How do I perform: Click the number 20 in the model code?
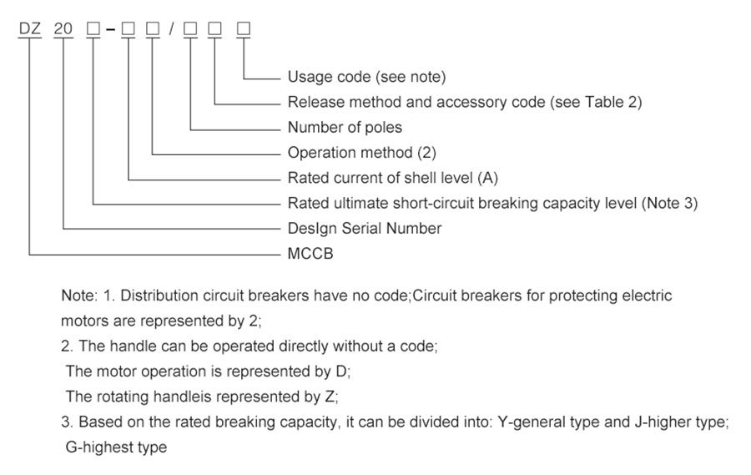point(63,29)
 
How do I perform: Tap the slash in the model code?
point(171,30)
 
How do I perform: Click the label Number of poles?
point(345,128)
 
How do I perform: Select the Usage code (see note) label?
point(366,78)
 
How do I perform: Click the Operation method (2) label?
point(361,153)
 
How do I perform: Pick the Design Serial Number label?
point(365,228)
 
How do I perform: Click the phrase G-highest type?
point(116,447)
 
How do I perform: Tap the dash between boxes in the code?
point(110,30)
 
